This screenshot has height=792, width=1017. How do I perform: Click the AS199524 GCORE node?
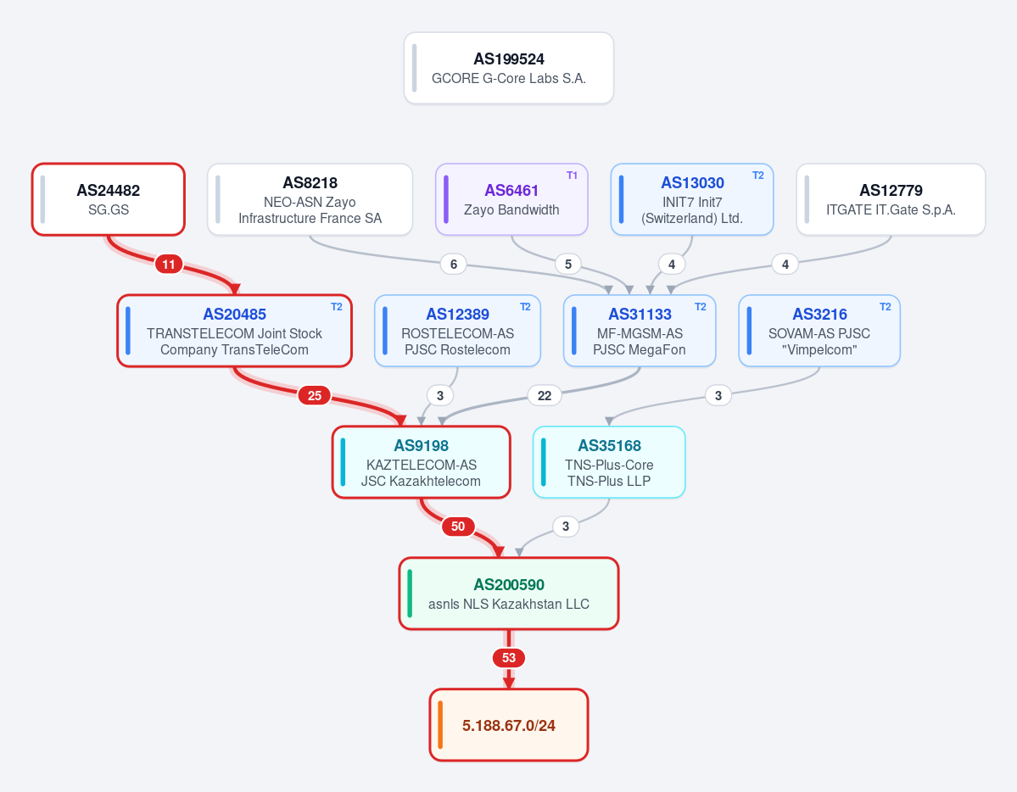[509, 68]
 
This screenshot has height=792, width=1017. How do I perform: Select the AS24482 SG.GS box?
[109, 199]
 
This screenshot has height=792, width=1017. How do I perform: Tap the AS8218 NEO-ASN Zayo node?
[310, 199]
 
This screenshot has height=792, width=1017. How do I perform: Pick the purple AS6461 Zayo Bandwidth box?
[511, 199]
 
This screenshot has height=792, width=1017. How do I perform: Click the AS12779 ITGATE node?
[891, 199]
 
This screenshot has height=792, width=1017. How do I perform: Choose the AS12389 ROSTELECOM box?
[457, 331]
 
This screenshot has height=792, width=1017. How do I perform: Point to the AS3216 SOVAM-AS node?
[819, 331]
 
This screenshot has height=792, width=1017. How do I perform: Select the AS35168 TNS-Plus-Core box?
[609, 462]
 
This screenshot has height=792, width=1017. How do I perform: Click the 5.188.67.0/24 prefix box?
[509, 724]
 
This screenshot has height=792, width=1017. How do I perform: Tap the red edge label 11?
[169, 264]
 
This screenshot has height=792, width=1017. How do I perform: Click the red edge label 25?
[315, 396]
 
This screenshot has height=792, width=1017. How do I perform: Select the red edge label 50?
[458, 526]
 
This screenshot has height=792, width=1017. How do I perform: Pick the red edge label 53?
[509, 658]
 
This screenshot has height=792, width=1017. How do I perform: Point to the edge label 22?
[545, 396]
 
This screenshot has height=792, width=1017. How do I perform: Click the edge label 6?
[454, 264]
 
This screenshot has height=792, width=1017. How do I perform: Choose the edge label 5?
[568, 264]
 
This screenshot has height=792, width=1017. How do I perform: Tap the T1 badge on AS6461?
[572, 176]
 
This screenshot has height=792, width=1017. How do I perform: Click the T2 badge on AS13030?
[758, 176]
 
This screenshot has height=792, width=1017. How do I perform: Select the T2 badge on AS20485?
[337, 307]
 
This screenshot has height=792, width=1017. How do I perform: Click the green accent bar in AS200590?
[410, 594]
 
